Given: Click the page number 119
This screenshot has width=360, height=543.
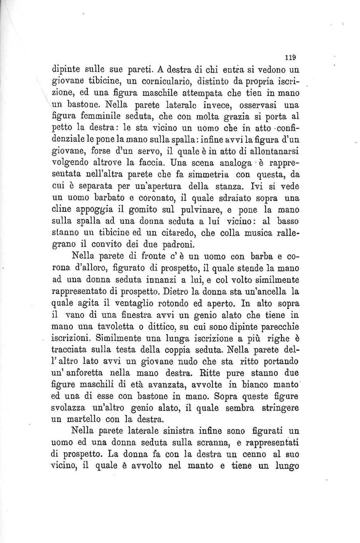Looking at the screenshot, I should (290, 57).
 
